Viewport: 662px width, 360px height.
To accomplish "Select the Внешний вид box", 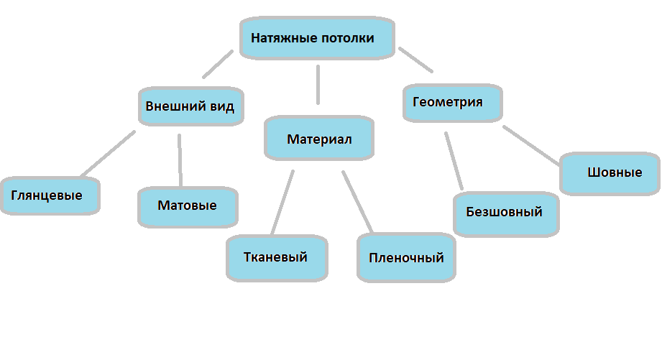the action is (x=190, y=106).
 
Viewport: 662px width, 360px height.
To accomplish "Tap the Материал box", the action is (x=319, y=139).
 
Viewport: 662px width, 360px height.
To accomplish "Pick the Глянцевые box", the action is (x=48, y=195).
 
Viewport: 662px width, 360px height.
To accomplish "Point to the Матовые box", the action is (x=187, y=206).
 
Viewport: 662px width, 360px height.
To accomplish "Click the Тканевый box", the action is (x=277, y=257).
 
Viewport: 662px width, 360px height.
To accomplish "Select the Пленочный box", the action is (x=406, y=258).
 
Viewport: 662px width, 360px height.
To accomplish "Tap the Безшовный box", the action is (x=506, y=213).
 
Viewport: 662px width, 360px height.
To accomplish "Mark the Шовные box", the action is (x=610, y=173).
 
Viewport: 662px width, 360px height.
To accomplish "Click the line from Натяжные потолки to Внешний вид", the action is (x=218, y=64).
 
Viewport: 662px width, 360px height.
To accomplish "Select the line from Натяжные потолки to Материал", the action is (x=317, y=84).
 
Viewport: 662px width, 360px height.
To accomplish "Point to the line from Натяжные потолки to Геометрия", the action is (x=416, y=60).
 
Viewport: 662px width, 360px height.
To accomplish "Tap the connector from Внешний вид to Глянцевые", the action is (x=108, y=153).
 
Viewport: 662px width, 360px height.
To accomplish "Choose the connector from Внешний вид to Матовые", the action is (x=180, y=160).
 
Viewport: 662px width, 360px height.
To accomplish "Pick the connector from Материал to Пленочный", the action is (x=357, y=202).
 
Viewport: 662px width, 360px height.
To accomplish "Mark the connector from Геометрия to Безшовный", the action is (x=454, y=161).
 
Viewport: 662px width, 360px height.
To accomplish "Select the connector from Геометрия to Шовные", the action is (x=532, y=147).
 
